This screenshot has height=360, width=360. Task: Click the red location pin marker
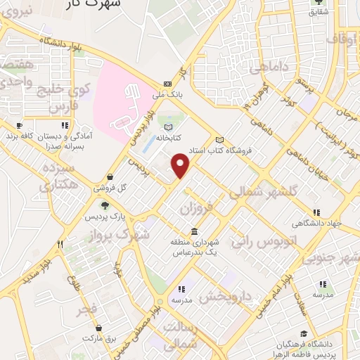(181, 165)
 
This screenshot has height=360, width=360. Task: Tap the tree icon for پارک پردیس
(105, 205)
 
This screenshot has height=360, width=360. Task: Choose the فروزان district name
(195, 208)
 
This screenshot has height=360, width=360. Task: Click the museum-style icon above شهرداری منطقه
(194, 231)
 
